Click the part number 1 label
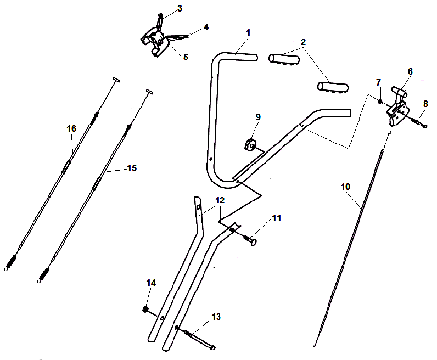[x=248, y=33]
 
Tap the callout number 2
[x=303, y=42]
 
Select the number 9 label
[x=258, y=117]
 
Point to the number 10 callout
[x=345, y=187]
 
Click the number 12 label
[x=220, y=200]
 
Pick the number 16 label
[x=71, y=128]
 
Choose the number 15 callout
[x=132, y=168]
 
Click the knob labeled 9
[x=250, y=145]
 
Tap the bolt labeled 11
[x=252, y=239]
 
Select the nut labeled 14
[x=145, y=310]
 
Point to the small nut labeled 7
[x=379, y=101]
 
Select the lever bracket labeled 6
[x=398, y=106]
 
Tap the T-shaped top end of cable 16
[x=116, y=80]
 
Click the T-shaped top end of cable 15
[x=148, y=91]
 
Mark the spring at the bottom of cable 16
[x=11, y=262]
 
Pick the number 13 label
[x=216, y=317]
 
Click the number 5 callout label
[x=186, y=57]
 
